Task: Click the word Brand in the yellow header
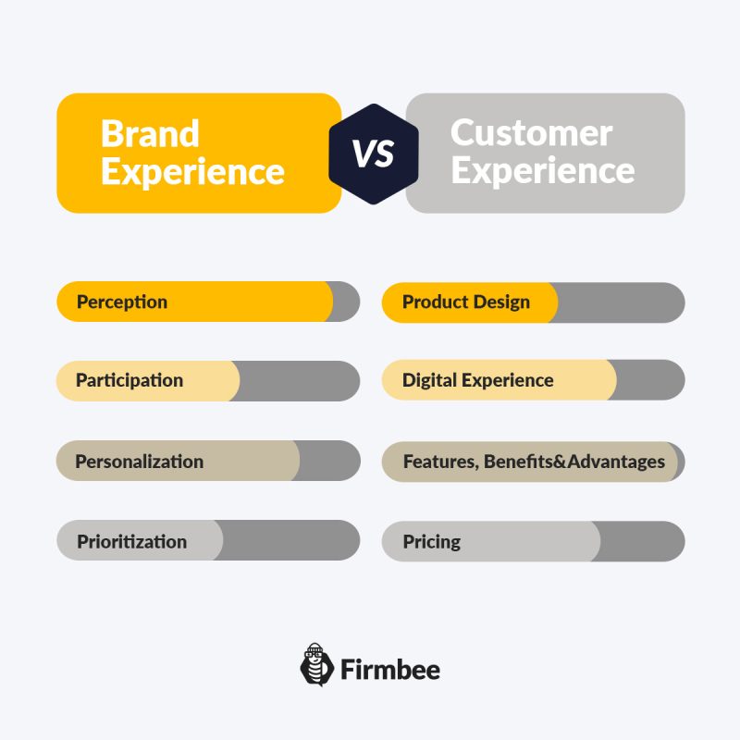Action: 150,133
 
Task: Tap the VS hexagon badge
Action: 374,154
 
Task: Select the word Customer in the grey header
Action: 531,133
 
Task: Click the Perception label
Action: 122,302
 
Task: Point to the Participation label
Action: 129,380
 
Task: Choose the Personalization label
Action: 140,462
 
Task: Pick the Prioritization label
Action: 131,541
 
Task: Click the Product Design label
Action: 466,302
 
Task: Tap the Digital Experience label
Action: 477,380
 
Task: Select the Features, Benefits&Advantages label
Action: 534,462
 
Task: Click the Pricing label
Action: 431,542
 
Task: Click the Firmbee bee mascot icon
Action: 316,664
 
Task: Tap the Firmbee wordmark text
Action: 389,669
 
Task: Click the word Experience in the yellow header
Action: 192,172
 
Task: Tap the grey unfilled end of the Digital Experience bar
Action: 649,380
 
